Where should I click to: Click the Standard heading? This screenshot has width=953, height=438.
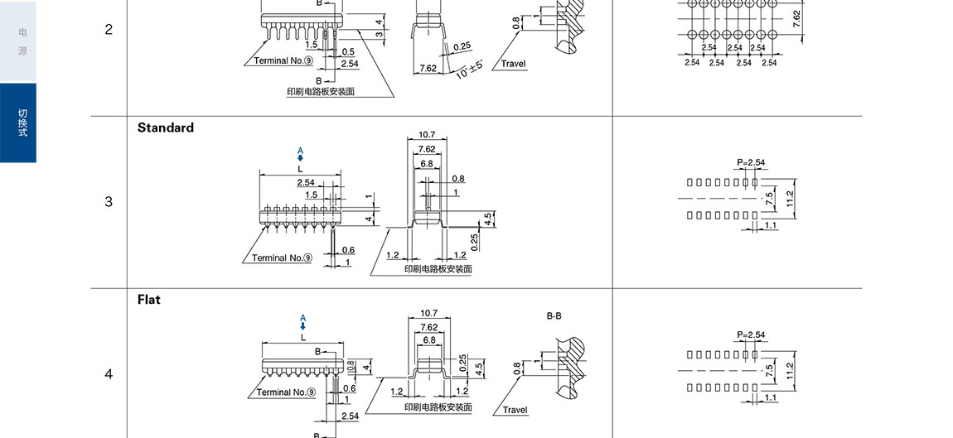point(166,128)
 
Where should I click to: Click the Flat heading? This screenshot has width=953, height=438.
point(149,300)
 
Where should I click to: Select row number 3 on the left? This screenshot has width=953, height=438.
point(109,202)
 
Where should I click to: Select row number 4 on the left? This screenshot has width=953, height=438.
point(109,374)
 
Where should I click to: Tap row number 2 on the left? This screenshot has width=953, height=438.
point(109,30)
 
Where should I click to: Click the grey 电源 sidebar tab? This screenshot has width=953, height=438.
point(22,41)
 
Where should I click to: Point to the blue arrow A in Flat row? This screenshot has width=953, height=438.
point(302,324)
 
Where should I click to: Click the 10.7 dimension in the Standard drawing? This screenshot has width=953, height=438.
point(428,135)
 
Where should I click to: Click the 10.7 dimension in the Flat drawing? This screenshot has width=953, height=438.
point(429,314)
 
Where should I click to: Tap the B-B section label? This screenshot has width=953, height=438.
point(554,316)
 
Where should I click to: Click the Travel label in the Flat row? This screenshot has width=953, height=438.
point(514,410)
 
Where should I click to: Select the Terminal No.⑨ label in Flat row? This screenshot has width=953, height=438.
point(284,392)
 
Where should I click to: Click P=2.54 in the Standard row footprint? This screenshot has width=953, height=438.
point(750,162)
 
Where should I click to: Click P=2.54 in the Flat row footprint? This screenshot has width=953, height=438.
point(750,335)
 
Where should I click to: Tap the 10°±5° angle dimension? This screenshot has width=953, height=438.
point(469,70)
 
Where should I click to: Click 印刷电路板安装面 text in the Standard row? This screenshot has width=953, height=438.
point(438,269)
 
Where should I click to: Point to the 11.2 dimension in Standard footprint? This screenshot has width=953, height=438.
point(790,199)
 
